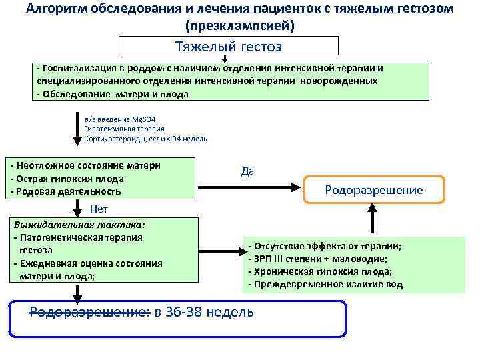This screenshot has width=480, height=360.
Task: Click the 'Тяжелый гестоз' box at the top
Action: click(228, 46)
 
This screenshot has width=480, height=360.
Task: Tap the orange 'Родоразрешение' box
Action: click(374, 190)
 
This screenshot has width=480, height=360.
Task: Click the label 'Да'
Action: click(247, 171)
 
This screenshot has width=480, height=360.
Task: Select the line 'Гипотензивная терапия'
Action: click(124, 129)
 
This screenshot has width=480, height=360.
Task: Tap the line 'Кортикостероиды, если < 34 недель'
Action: click(145, 139)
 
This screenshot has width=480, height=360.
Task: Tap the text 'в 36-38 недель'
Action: click(204, 311)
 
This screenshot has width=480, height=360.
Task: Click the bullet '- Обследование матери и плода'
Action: click(113, 94)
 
